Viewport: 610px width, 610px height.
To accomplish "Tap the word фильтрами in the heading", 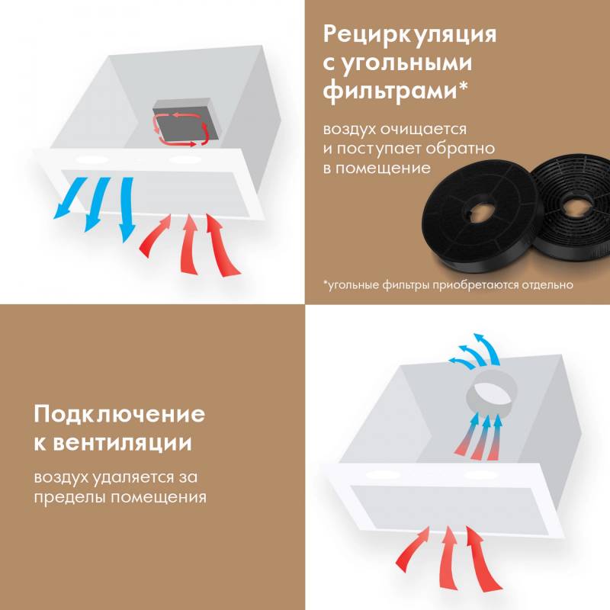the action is point(390,91).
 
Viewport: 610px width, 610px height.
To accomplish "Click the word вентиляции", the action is point(122,443).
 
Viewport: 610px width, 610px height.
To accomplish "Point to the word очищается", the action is point(423,130).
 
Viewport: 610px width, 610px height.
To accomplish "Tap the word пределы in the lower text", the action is point(69,497).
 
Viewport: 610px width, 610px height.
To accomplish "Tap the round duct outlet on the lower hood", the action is point(491,394).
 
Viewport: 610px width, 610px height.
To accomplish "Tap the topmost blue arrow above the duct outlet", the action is point(486,348).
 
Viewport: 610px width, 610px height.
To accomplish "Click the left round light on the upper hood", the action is point(91,160).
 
